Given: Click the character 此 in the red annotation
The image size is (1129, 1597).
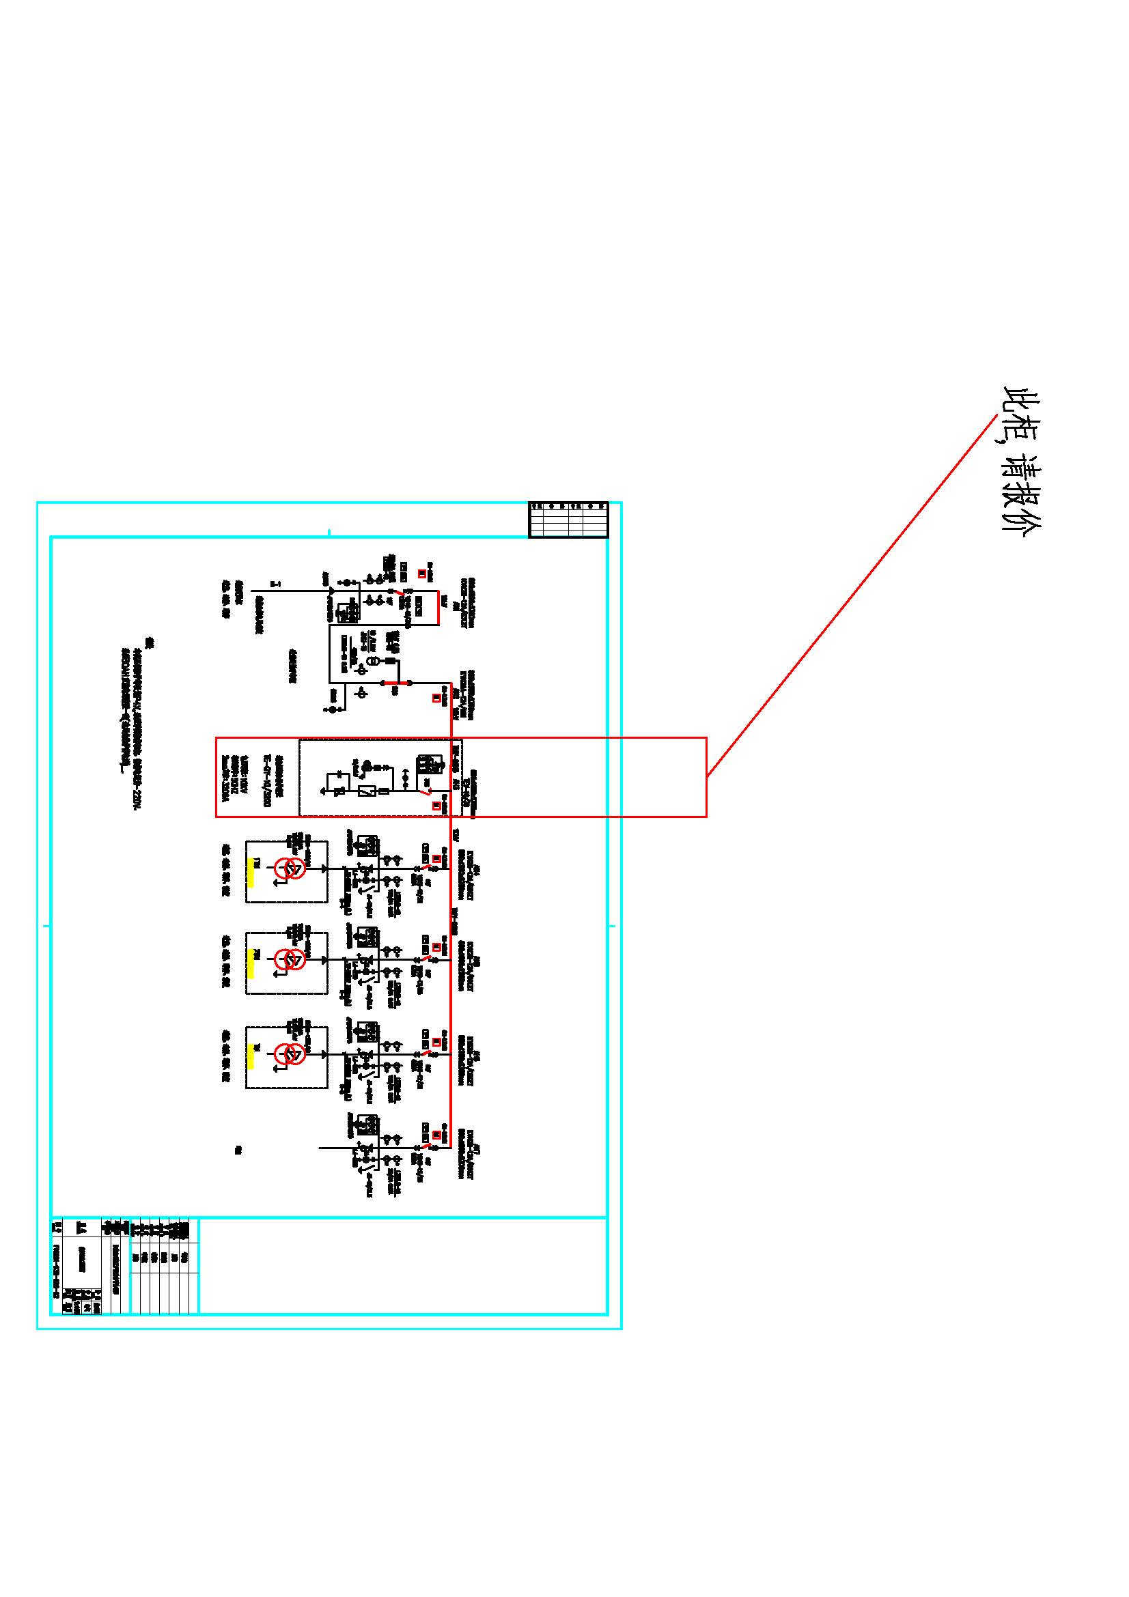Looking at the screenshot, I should coord(1021,402).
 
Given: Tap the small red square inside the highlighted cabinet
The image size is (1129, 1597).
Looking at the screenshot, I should coord(437,806).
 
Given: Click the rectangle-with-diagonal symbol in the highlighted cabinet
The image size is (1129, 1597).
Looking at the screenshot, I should coord(367,791).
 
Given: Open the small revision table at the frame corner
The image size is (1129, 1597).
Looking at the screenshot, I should coord(568,520).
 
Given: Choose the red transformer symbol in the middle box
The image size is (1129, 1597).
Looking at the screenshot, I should coord(290,960).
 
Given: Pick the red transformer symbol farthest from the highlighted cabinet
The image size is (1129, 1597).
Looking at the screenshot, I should coord(290,1054).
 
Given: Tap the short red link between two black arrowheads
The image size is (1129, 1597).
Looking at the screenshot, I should coord(396,683).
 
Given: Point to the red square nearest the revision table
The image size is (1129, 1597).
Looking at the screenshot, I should coord(421,574).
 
